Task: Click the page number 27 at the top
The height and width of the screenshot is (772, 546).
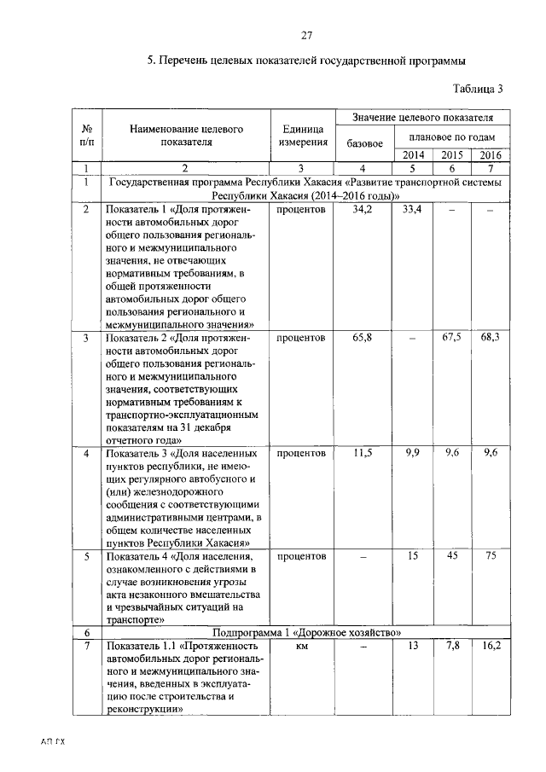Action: [307, 35]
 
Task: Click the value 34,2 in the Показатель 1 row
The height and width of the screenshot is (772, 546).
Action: [363, 210]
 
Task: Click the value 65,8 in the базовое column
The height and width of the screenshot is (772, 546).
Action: [363, 338]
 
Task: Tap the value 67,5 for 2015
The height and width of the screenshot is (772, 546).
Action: [451, 338]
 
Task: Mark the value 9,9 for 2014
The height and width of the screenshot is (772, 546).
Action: [413, 453]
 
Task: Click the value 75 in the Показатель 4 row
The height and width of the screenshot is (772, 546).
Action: [491, 555]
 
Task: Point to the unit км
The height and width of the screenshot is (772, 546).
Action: [302, 646]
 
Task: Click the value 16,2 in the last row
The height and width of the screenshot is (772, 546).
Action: [491, 646]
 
